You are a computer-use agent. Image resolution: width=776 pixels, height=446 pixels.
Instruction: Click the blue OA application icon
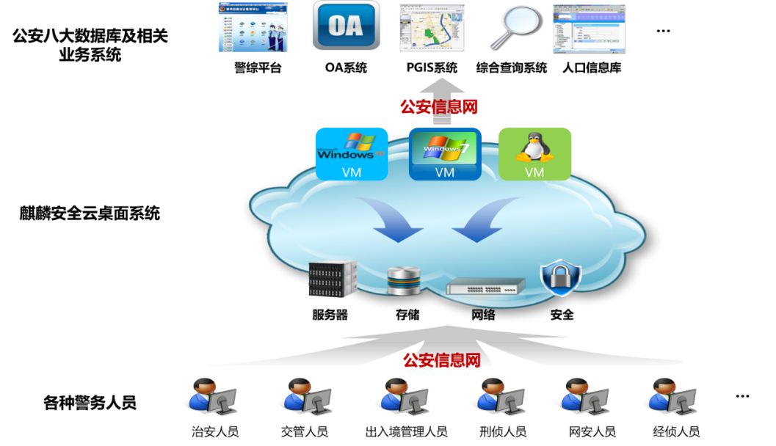[347, 26]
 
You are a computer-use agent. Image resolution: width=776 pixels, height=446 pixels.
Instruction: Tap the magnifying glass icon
[514, 26]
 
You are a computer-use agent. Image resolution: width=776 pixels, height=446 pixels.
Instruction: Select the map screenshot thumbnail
[432, 28]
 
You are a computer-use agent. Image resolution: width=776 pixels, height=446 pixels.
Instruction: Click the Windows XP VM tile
[352, 153]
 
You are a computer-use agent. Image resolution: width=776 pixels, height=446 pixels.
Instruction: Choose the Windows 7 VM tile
[445, 153]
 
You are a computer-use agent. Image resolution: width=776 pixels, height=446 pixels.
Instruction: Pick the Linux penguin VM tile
[534, 153]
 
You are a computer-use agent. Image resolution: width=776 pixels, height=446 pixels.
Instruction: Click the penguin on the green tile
[534, 146]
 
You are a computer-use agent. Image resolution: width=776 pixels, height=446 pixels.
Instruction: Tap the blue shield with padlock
[561, 277]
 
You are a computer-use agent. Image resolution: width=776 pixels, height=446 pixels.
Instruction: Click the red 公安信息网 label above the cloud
[439, 107]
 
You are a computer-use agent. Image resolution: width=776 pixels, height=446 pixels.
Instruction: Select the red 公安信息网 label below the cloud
[442, 360]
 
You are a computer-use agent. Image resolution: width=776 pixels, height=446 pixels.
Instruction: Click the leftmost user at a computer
[210, 397]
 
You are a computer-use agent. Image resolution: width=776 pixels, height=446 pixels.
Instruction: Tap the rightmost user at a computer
[670, 397]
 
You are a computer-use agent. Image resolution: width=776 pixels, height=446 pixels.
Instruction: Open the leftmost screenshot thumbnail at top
[253, 27]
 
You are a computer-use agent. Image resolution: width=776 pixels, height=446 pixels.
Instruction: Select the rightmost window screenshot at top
[589, 28]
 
